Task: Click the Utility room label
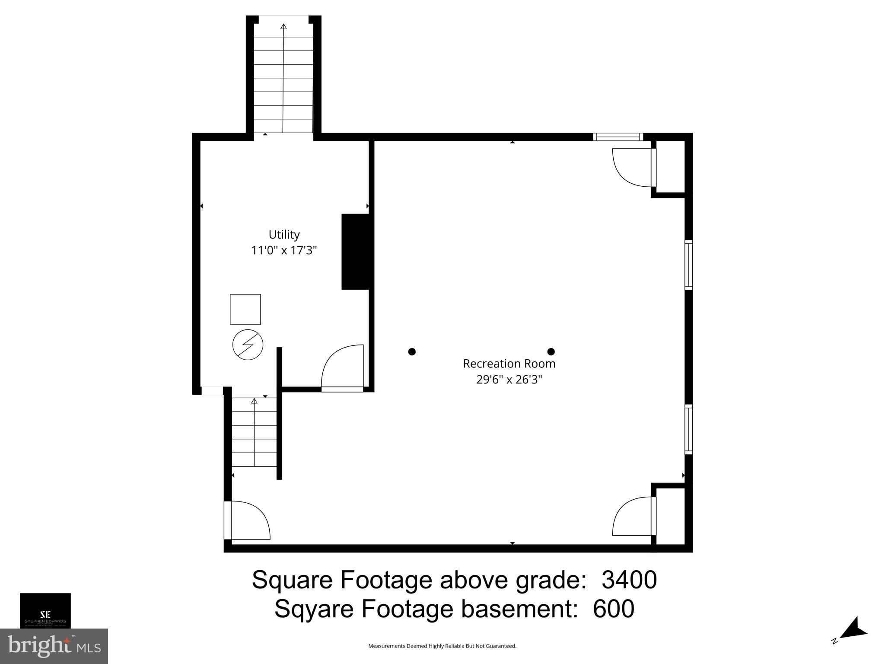(x=284, y=234)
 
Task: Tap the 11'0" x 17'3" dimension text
(x=284, y=250)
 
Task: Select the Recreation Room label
(x=509, y=364)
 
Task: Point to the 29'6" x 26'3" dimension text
(x=509, y=380)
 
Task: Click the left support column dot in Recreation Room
(x=412, y=351)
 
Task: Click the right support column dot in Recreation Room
(x=551, y=351)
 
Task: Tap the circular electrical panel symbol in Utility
(x=248, y=345)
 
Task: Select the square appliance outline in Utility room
(x=245, y=309)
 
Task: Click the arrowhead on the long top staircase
(x=283, y=27)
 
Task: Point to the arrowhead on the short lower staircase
(x=254, y=401)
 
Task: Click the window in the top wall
(x=618, y=137)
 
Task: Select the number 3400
(x=629, y=580)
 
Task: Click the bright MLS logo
(x=54, y=646)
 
